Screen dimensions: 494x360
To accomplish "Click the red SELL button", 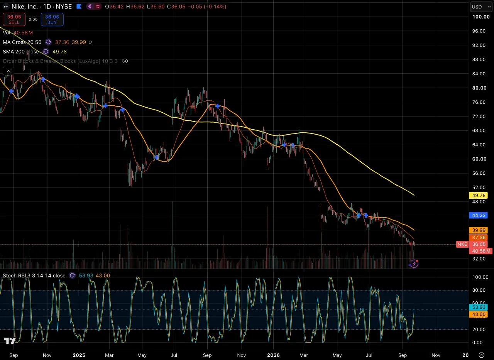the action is [14, 19].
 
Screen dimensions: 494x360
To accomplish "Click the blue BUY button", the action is [52, 19].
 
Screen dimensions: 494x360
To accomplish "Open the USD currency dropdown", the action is [481, 7].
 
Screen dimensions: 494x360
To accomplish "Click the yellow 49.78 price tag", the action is [479, 195].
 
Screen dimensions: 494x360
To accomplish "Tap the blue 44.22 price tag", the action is [479, 215].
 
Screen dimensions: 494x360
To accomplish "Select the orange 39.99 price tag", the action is [479, 230].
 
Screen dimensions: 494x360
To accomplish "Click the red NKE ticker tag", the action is [462, 244].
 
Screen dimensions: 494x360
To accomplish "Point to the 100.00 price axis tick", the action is [481, 17].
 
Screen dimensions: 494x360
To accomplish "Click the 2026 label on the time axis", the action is [273, 355].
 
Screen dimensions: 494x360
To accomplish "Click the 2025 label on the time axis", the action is [79, 355].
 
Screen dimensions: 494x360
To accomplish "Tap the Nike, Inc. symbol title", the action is [24, 7].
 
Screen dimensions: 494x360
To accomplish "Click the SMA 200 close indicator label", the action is [21, 52].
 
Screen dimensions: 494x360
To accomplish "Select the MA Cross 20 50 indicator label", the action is [22, 42].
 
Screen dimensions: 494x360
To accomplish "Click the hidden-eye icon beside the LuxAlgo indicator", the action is [125, 61].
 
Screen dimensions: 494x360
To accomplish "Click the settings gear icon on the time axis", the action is [481, 355].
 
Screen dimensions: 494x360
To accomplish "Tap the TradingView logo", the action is [10, 341].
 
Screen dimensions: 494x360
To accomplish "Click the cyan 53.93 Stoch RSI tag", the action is [479, 307].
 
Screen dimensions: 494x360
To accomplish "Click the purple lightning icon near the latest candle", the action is [414, 264].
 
